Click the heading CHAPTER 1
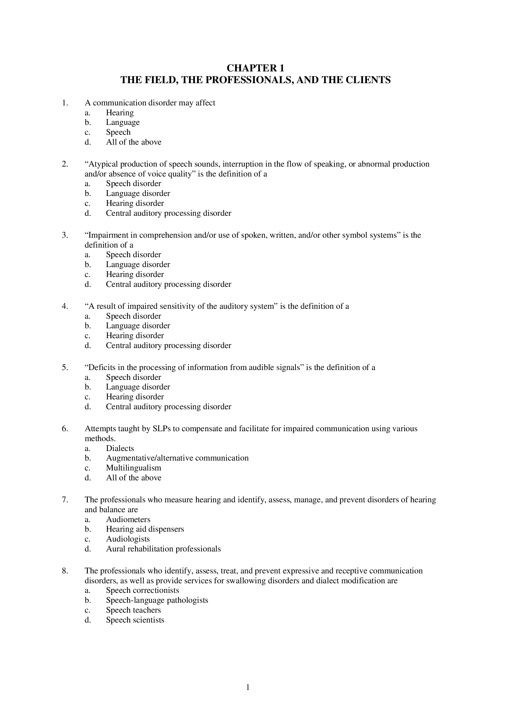pos(255,68)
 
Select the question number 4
pos(65,306)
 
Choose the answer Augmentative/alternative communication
pos(177,458)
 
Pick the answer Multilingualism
pos(134,468)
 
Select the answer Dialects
pos(120,448)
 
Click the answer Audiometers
pos(128,519)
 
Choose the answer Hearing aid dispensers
pos(145,529)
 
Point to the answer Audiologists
pos(128,539)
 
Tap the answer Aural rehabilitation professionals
pos(163,549)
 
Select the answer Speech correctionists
pos(142,590)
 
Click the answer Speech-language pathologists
pos(157,600)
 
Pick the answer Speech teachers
pos(133,610)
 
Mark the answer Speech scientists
pos(135,620)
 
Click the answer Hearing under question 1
pos(120,113)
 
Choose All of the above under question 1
pos(134,142)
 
